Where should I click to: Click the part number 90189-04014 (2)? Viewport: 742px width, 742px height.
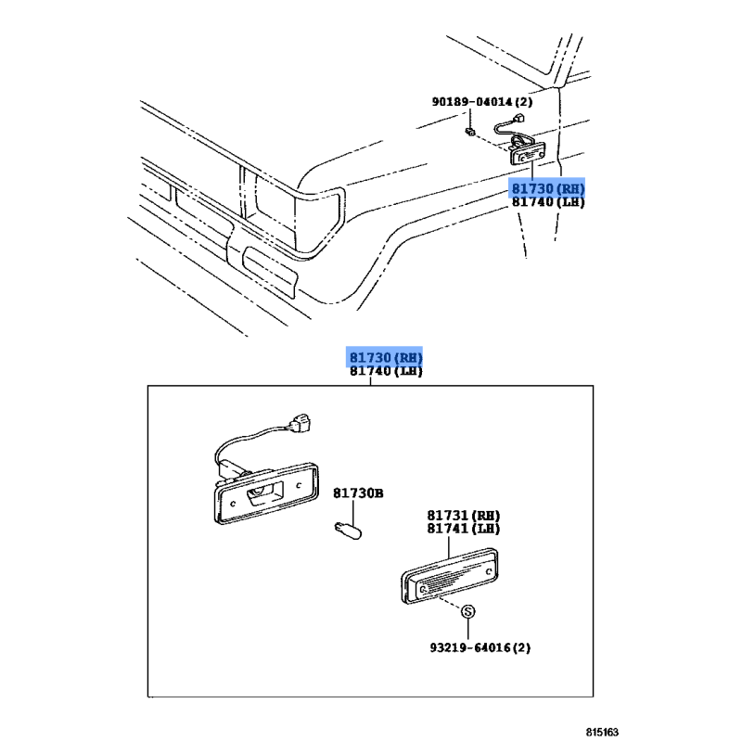tap(481, 102)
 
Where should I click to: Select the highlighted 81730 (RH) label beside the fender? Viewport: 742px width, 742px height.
tap(548, 189)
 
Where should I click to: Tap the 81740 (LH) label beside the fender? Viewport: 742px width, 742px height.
tap(548, 202)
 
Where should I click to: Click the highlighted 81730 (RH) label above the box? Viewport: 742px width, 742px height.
tap(386, 357)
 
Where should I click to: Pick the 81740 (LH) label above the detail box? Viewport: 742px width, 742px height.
tap(386, 370)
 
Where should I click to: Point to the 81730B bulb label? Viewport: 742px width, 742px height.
tap(358, 493)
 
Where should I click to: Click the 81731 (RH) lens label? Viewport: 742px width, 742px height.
tap(463, 516)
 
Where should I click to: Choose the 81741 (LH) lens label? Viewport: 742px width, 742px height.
tap(463, 528)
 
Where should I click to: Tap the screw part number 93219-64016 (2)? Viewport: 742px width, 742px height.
tap(480, 647)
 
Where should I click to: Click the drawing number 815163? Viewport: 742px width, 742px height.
tap(602, 732)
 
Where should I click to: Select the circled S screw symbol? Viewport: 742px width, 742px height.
tap(467, 611)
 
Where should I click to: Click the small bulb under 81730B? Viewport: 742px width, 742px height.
tap(348, 530)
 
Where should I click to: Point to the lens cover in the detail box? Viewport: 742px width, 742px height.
tap(449, 576)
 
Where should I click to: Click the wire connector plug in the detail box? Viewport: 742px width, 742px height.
tap(300, 424)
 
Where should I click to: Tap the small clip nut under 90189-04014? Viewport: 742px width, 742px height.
tap(470, 132)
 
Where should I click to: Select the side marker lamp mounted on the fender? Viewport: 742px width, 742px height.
tap(527, 153)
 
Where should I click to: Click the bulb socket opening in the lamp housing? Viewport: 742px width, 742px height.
tap(264, 493)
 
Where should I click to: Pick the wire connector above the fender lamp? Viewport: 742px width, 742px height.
tap(519, 118)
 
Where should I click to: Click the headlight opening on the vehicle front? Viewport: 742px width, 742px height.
tap(275, 208)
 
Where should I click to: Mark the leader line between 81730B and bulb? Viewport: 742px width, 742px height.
tap(353, 512)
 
